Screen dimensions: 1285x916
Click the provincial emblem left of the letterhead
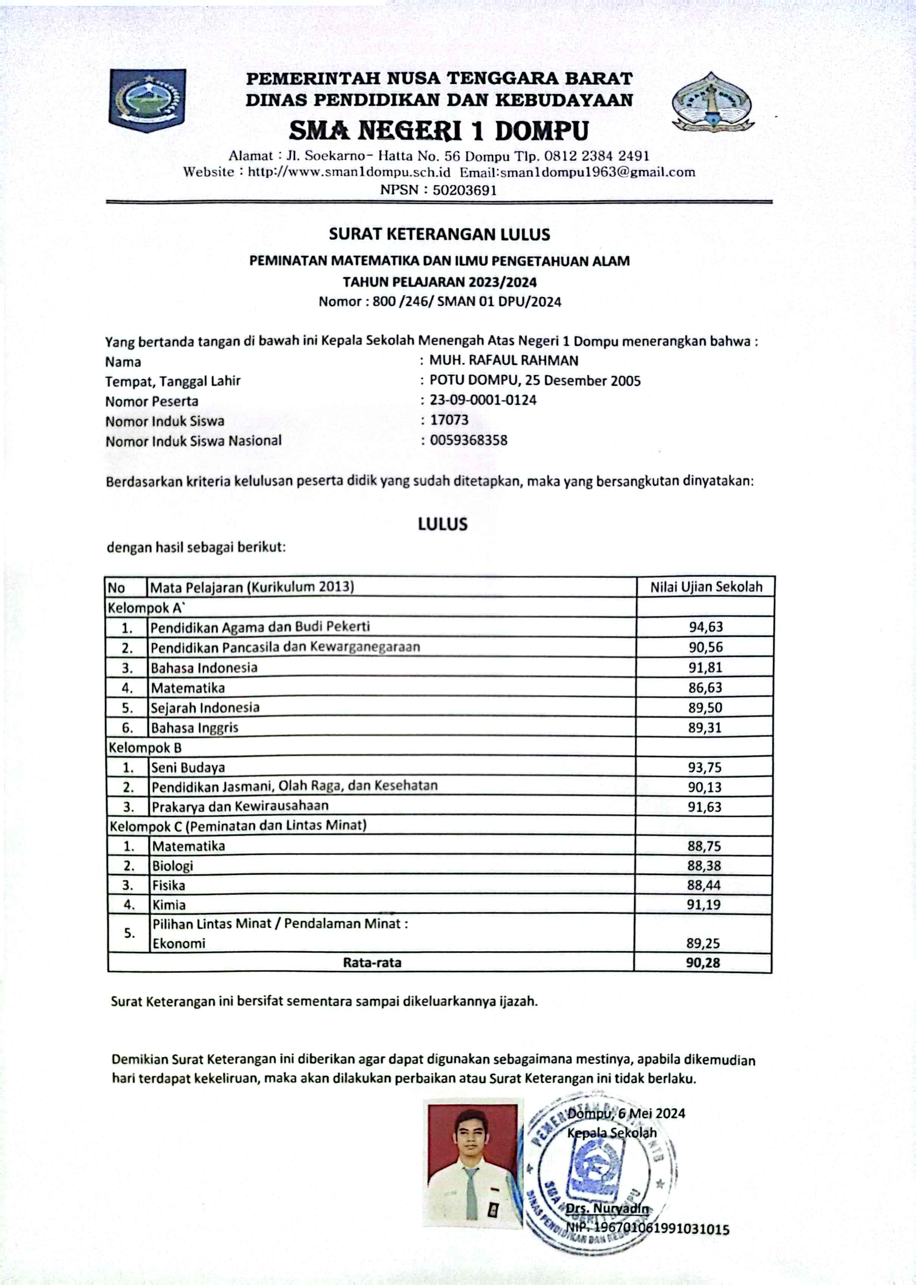tap(147, 100)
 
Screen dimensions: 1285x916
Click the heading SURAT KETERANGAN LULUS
tap(439, 234)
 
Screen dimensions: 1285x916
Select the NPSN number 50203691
tap(464, 190)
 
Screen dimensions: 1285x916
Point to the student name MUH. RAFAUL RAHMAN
tap(504, 360)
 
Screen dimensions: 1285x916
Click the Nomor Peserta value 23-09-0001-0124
tap(483, 400)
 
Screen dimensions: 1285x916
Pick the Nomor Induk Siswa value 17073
tap(449, 420)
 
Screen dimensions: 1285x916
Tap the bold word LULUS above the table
tap(443, 524)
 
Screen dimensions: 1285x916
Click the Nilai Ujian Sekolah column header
tap(706, 587)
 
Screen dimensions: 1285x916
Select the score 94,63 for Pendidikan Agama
tap(705, 627)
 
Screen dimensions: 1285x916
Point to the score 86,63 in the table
tap(705, 688)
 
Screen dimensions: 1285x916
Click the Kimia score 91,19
tap(704, 905)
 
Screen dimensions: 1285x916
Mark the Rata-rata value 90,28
tap(703, 963)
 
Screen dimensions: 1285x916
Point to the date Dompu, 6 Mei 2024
tap(626, 1114)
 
